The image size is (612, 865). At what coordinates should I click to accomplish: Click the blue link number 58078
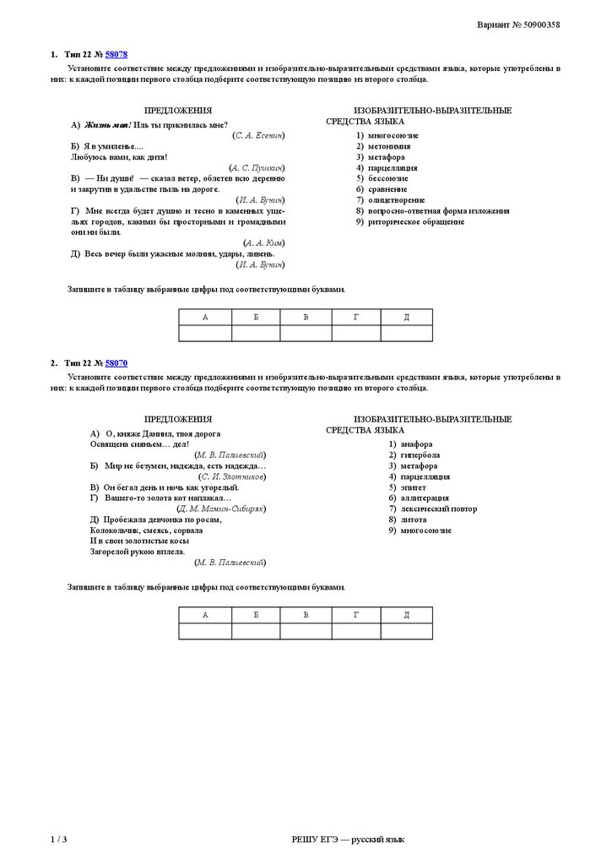[116, 54]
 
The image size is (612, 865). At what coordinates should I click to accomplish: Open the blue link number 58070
[116, 362]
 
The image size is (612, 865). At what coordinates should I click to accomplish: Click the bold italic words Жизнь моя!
[107, 124]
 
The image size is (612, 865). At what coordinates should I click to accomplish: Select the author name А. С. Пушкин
[257, 168]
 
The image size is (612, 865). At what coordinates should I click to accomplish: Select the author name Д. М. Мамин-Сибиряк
[221, 509]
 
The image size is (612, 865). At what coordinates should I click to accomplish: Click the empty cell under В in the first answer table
[306, 333]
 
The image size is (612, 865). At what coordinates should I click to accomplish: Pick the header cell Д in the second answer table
[406, 615]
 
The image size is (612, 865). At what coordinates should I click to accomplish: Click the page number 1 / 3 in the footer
[58, 840]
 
